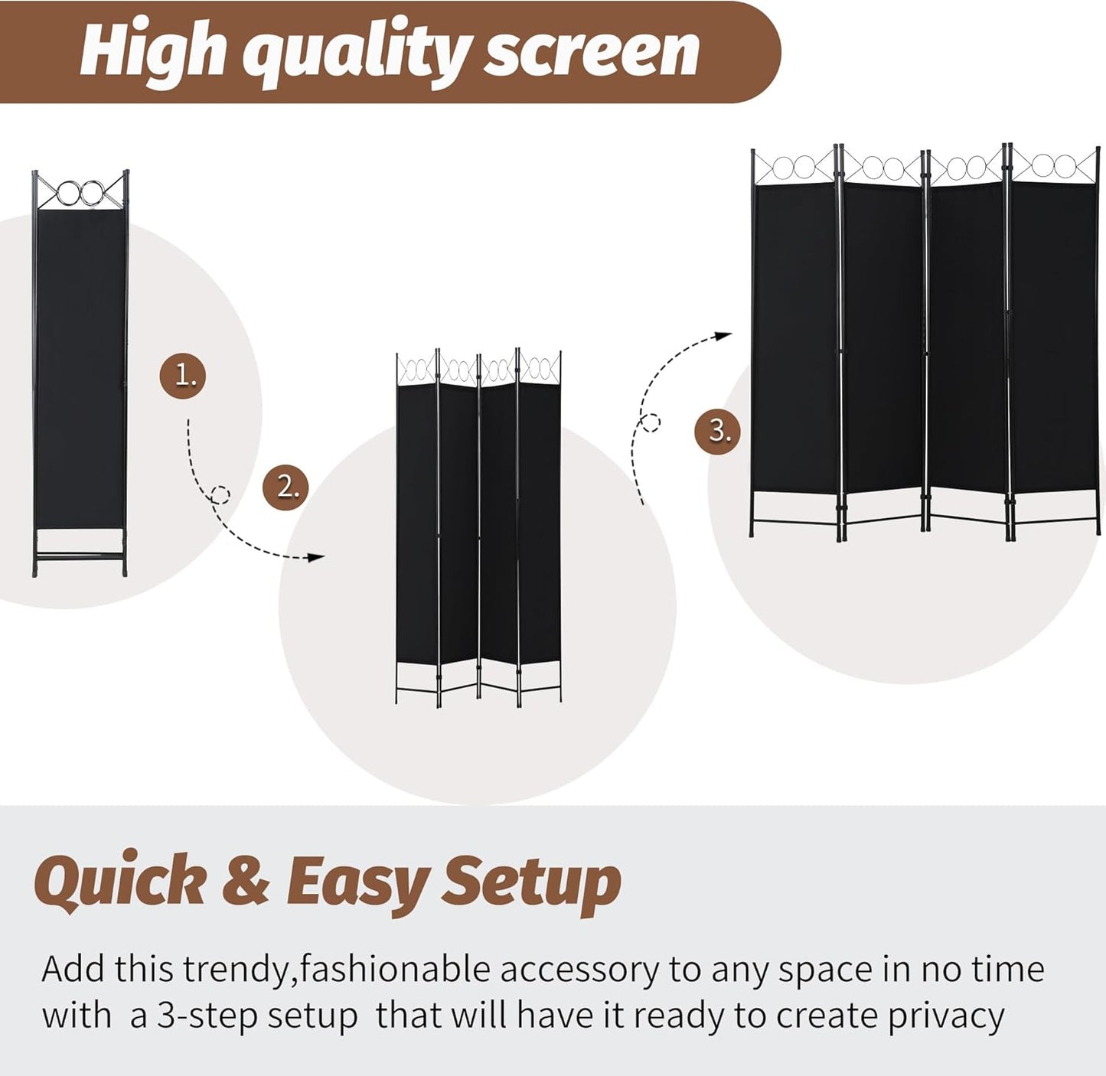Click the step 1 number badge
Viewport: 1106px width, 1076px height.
(x=183, y=375)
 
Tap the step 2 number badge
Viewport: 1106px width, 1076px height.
(x=285, y=486)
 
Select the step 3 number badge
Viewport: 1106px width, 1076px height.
(x=717, y=430)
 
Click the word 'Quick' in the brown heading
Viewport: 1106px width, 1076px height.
(x=120, y=881)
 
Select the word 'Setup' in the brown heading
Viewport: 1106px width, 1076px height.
(x=531, y=882)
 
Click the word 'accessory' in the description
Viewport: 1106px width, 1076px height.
(x=579, y=970)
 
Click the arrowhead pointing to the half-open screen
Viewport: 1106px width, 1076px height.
(x=315, y=557)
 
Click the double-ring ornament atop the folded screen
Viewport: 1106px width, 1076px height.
(x=81, y=192)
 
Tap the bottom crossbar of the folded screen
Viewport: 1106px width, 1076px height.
(x=80, y=555)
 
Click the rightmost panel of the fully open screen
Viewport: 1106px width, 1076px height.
(x=1054, y=344)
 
